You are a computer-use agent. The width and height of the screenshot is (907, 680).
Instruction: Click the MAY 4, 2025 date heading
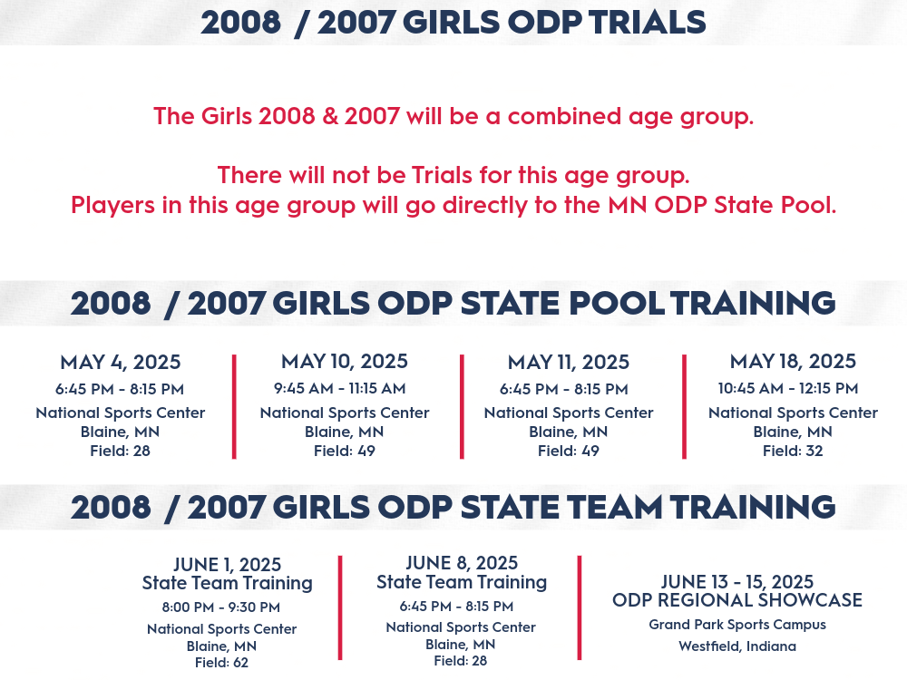[x=121, y=363]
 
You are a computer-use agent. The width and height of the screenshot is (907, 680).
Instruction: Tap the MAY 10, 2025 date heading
[x=345, y=362]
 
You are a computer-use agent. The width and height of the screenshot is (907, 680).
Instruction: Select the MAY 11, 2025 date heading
[x=569, y=363]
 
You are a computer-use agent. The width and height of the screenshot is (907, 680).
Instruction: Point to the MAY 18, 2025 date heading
[x=793, y=362]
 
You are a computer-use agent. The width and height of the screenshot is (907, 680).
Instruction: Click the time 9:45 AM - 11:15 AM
[x=340, y=389]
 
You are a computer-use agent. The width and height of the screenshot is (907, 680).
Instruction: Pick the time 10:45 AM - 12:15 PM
[x=788, y=389]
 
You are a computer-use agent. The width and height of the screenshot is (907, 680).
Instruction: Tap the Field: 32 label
[x=793, y=451]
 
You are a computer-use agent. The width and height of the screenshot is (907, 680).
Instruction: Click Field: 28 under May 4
[x=121, y=451]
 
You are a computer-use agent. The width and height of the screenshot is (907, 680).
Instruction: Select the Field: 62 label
[x=221, y=663]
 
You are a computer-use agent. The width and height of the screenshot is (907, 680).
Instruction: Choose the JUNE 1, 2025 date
[x=228, y=564]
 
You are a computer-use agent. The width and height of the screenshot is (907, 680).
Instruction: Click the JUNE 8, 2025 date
[x=462, y=563]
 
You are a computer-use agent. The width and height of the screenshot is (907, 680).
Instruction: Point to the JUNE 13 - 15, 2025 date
[x=737, y=582]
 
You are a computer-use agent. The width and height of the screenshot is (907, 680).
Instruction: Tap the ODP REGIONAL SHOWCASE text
[x=737, y=600]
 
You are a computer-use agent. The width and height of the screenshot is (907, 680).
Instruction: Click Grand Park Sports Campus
[x=737, y=625]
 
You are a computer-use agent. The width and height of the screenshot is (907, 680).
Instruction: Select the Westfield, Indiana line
[x=737, y=646]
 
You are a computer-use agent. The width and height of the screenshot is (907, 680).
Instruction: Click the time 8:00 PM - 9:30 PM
[x=221, y=607]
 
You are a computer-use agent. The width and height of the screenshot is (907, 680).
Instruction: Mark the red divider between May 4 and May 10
[x=234, y=407]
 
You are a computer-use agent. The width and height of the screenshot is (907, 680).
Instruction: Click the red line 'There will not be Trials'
[x=453, y=175]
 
